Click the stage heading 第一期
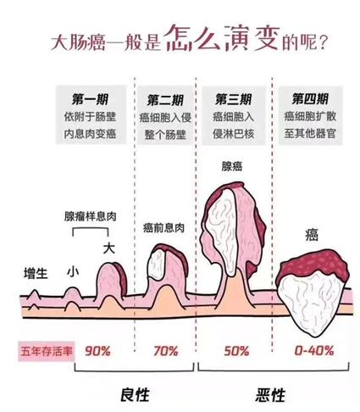[x=90, y=99]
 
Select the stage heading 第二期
[x=165, y=100]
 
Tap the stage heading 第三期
[x=233, y=99]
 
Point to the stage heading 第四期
[x=310, y=99]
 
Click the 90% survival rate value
[x=97, y=351]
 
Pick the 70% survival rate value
[x=166, y=351]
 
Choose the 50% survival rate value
[x=236, y=351]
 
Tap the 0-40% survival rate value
[x=314, y=351]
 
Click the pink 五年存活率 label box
[x=47, y=352]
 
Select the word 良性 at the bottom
[x=135, y=395]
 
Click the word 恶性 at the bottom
[x=270, y=395]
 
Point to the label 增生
[x=36, y=274]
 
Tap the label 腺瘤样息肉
[x=91, y=216]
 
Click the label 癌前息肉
[x=163, y=228]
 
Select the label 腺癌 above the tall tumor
[x=232, y=166]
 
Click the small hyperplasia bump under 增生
[x=34, y=294]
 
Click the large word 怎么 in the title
[x=192, y=39]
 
